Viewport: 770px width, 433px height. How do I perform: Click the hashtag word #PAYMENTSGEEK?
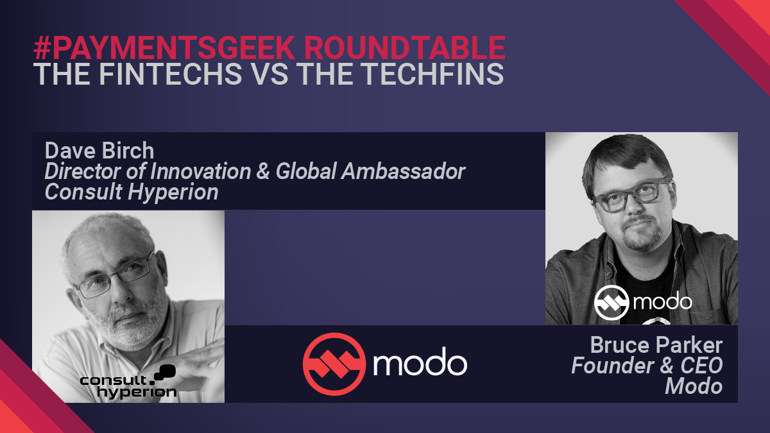pyautogui.click(x=164, y=47)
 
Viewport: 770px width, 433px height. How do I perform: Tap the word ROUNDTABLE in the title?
pyautogui.click(x=405, y=47)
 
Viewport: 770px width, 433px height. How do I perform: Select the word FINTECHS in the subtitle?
pyautogui.click(x=171, y=74)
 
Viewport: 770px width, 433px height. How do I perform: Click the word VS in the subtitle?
pyautogui.click(x=271, y=74)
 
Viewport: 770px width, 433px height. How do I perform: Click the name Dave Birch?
pyautogui.click(x=99, y=151)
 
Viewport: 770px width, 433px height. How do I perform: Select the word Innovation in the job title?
pyautogui.click(x=200, y=171)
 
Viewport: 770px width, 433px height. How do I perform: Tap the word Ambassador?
pyautogui.click(x=403, y=171)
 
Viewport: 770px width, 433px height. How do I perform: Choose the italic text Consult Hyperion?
pyautogui.click(x=132, y=192)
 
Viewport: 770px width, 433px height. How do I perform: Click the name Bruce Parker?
pyautogui.click(x=656, y=344)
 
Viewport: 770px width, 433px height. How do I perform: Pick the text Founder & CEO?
pyautogui.click(x=647, y=365)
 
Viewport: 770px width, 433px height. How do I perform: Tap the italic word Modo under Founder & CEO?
pyautogui.click(x=694, y=386)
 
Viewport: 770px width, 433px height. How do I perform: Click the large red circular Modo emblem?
pyautogui.click(x=334, y=364)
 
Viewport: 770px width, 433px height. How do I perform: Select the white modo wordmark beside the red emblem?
pyautogui.click(x=420, y=362)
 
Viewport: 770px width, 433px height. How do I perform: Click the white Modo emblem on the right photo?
pyautogui.click(x=612, y=302)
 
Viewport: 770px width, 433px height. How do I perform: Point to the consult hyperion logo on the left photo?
pyautogui.click(x=128, y=382)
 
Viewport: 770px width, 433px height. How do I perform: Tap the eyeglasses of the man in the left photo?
pyautogui.click(x=115, y=275)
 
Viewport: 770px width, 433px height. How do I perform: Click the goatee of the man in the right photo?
pyautogui.click(x=642, y=233)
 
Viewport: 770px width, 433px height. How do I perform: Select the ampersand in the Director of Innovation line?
pyautogui.click(x=263, y=171)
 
